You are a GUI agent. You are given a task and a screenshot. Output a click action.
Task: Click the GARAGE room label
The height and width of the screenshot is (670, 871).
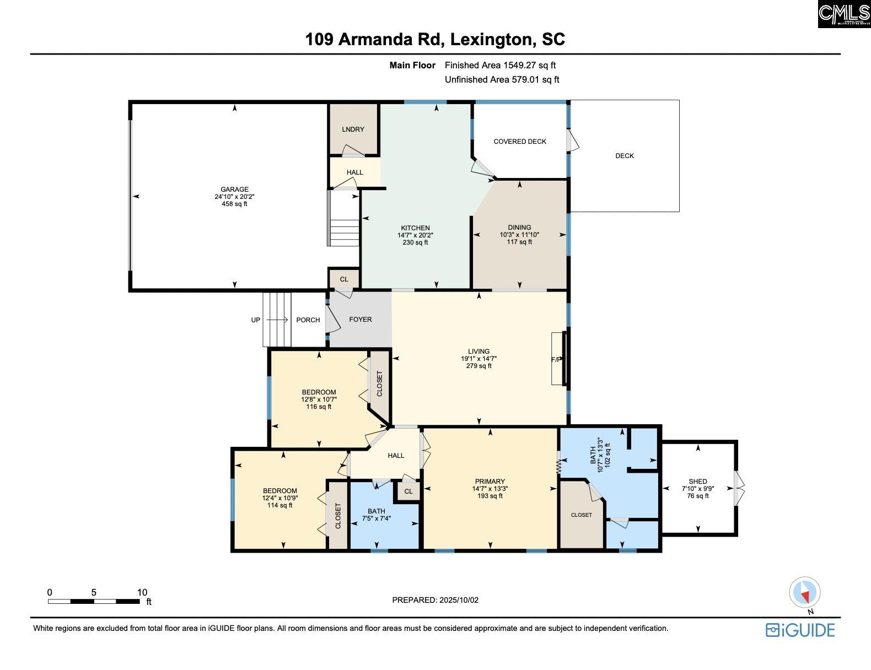point(234,190)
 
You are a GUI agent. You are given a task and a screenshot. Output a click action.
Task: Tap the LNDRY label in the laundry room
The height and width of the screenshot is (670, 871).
point(353,129)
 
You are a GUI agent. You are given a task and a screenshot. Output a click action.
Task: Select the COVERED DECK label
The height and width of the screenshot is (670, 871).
point(520,142)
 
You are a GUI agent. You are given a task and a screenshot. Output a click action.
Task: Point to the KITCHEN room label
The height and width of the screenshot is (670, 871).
point(415,228)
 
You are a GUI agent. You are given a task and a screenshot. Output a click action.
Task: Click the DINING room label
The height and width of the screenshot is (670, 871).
point(519,228)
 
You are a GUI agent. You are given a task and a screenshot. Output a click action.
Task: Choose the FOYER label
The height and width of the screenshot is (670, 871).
point(361,319)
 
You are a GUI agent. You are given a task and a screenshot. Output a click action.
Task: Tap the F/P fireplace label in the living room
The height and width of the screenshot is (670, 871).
point(556,360)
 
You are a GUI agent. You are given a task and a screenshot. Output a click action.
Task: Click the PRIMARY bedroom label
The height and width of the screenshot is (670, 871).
point(490,482)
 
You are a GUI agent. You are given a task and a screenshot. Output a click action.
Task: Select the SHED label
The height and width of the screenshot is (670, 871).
point(698,482)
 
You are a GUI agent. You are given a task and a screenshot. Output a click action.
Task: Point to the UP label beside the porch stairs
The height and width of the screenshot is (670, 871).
point(256,320)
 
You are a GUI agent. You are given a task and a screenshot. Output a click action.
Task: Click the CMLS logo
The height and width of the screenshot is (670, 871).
point(845,14)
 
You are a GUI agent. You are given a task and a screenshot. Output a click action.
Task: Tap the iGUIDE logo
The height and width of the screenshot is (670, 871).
point(800,630)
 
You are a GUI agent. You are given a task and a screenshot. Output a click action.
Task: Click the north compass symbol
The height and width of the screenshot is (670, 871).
point(805,593)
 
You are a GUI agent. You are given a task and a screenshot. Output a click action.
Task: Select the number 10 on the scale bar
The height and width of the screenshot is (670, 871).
point(142,592)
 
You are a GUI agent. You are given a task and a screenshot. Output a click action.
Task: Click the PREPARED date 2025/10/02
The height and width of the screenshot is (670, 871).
point(459,600)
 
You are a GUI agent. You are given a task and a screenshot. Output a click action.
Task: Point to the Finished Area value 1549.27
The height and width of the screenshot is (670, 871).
point(519,65)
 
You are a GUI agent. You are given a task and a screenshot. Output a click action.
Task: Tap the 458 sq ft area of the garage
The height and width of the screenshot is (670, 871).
point(234,204)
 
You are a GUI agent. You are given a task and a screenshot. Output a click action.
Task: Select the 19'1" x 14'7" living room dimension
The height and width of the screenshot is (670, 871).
point(478,359)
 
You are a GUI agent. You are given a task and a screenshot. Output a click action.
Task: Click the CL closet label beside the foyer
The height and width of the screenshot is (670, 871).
point(344,279)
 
